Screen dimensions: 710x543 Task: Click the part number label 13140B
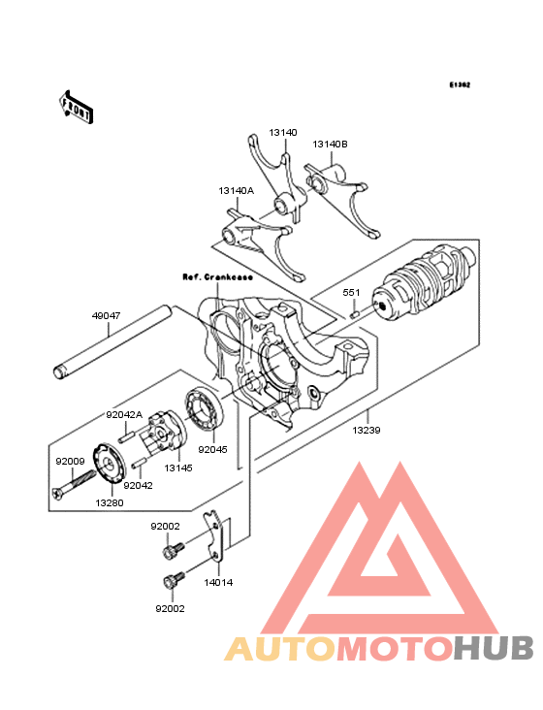tap(330, 145)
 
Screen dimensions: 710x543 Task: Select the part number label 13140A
tap(236, 191)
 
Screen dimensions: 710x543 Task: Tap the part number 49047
tap(107, 315)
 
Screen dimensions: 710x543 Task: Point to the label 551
tap(351, 291)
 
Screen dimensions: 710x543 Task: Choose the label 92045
tap(213, 450)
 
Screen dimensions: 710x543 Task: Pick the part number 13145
tap(177, 468)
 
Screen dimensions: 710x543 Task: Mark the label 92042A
tap(124, 414)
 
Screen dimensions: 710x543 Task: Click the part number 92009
tap(70, 462)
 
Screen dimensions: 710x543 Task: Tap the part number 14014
tap(218, 584)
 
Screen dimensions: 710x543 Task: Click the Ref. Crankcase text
tap(218, 276)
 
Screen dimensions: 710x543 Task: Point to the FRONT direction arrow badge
tap(77, 107)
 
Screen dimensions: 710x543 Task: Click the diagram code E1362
tap(459, 85)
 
